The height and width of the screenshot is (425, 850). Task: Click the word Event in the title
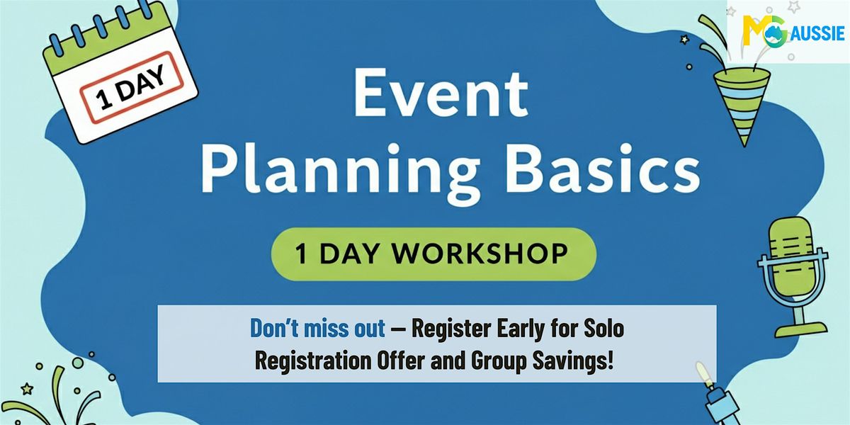[x=441, y=93]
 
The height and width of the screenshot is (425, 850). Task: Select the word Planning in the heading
[x=339, y=172]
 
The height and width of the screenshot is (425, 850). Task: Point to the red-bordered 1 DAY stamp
[x=131, y=88]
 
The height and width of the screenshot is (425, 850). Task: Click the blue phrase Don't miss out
[x=317, y=328]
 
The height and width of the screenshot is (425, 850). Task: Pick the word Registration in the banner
[x=313, y=361]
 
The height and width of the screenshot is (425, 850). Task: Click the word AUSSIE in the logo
[x=818, y=33]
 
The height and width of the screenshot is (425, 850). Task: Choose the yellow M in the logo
[x=752, y=30]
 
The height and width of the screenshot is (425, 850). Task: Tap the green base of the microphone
[x=800, y=329]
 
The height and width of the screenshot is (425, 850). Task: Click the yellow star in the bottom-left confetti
[x=27, y=389]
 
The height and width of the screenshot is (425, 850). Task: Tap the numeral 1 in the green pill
[x=301, y=254]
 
